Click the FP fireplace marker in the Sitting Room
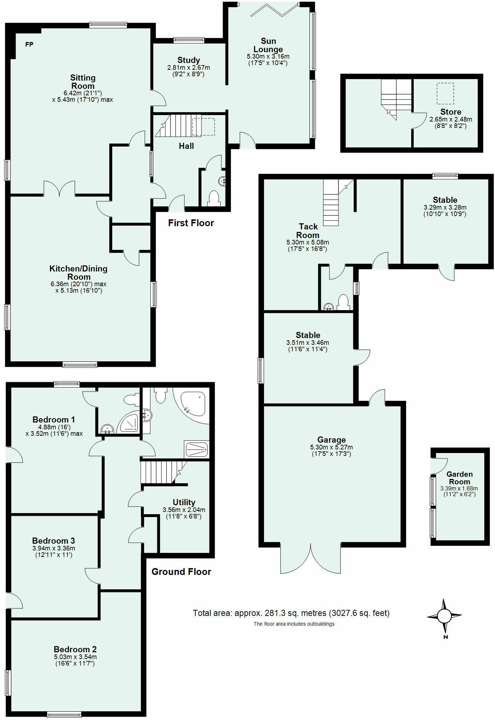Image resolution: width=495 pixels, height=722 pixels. click(x=29, y=45)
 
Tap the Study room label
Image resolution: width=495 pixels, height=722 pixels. click(x=189, y=60)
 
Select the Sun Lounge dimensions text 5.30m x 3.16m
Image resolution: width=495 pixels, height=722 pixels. click(x=268, y=56)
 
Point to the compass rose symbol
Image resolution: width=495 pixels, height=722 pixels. click(x=444, y=616)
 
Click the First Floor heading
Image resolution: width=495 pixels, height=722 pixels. click(x=191, y=223)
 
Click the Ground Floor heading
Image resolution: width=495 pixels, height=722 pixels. click(x=181, y=572)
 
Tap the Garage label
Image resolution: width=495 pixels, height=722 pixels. click(x=331, y=440)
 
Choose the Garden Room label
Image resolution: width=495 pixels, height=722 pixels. click(x=459, y=478)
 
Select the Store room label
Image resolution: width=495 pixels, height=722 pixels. click(x=450, y=112)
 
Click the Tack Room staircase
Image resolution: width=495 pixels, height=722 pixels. click(x=331, y=203)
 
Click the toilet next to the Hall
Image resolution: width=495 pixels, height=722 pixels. click(x=214, y=198)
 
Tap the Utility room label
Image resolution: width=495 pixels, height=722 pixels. click(x=184, y=502)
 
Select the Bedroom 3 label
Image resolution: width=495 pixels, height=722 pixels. click(x=53, y=541)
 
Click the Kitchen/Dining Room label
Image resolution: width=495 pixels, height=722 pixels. click(x=78, y=273)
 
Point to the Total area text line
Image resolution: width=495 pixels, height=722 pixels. click(x=291, y=613)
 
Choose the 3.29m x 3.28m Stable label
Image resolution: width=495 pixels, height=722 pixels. click(x=445, y=200)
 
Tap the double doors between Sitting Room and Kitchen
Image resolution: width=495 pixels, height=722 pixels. click(x=60, y=189)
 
